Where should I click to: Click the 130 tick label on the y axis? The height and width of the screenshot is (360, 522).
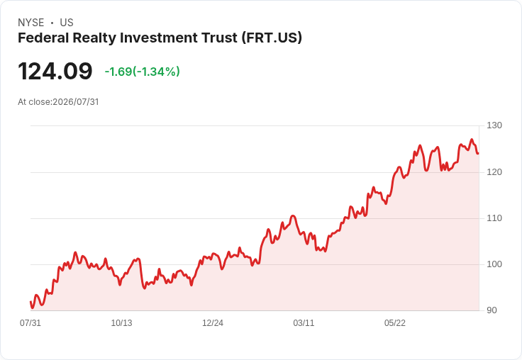point(494,125)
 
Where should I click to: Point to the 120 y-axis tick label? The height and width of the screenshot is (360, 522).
point(494,172)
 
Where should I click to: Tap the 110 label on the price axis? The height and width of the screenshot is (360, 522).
point(494,218)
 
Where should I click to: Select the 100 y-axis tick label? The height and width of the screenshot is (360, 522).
point(494,264)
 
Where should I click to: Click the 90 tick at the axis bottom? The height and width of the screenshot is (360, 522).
point(492,310)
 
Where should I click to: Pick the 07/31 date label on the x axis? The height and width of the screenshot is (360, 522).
point(30,323)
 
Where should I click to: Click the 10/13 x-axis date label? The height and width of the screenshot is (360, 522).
point(121,323)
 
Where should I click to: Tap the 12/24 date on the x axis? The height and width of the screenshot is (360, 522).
point(213,323)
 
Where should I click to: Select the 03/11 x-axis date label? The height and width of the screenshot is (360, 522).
point(304,323)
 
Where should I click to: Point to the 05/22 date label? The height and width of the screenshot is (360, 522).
point(395,323)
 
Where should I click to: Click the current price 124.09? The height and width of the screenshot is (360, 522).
point(55,71)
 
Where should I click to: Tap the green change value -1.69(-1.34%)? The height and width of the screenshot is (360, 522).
point(142,72)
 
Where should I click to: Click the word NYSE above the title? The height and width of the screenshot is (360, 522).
point(31,23)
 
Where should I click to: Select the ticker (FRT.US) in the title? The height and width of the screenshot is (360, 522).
point(272,38)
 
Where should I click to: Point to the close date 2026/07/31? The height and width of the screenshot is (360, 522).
point(76,102)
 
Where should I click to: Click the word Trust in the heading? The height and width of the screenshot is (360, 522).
point(219,38)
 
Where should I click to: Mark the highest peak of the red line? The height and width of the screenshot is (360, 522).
point(472,140)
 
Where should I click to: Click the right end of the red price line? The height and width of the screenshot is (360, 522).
point(478,153)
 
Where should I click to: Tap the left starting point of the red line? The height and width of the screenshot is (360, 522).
point(30,302)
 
